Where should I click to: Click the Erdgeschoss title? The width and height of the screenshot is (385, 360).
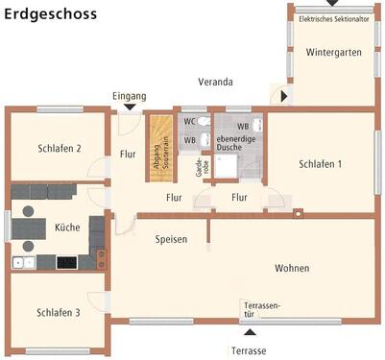(50, 14)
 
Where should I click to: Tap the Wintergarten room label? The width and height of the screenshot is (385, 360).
(334, 52)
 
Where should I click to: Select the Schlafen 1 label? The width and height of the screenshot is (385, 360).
(320, 164)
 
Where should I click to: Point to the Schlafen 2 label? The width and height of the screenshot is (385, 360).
(60, 149)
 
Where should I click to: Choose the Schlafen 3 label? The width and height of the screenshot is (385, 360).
(59, 312)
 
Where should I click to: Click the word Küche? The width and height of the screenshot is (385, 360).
(67, 227)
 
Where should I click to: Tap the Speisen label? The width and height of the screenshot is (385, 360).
(171, 239)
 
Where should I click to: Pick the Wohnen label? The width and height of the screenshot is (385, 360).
(292, 268)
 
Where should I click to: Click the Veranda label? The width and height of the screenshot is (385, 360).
(215, 82)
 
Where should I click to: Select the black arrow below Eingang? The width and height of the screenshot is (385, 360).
(130, 108)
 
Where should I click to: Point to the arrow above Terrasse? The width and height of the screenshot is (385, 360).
(250, 332)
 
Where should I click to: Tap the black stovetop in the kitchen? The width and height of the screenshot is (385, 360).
(66, 263)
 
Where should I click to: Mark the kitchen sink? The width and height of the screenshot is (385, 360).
(24, 263)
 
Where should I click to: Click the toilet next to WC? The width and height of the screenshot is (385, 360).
(204, 122)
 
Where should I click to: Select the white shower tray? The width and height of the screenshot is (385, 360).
(226, 166)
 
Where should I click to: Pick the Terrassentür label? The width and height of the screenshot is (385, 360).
(262, 310)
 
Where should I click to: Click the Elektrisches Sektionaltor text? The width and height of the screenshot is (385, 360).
(334, 19)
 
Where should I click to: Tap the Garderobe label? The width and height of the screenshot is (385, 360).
(203, 167)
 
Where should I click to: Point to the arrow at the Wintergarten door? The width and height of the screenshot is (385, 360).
(284, 96)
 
